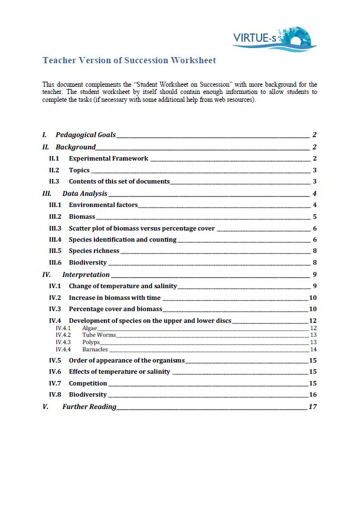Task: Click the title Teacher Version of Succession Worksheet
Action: (129, 60)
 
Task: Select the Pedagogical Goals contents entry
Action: (86, 135)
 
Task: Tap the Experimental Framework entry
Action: (108, 158)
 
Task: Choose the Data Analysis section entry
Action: (84, 194)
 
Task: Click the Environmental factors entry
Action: (103, 205)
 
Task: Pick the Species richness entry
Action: (94, 251)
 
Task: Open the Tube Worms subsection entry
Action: (99, 335)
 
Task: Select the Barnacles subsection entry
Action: (95, 350)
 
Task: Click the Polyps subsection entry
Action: (91, 342)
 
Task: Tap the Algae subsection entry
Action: (89, 328)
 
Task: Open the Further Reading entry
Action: (89, 407)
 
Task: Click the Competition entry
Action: (88, 383)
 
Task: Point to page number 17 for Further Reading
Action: (313, 407)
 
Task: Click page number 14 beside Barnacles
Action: (314, 350)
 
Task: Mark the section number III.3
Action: (55, 228)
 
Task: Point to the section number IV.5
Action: (55, 360)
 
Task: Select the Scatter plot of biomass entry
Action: (141, 228)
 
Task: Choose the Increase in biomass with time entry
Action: (115, 298)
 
